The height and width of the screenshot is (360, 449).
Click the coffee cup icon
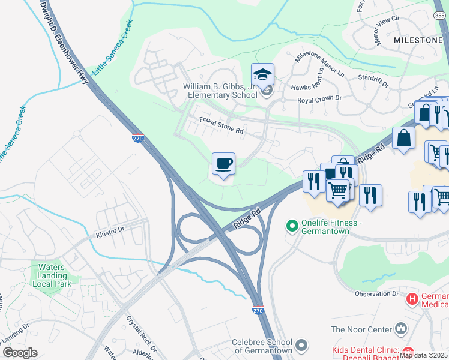click(223, 164)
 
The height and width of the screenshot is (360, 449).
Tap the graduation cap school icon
click(262, 75)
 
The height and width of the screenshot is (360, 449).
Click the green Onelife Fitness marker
click(292, 226)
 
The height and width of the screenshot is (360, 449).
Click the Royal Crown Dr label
click(320, 98)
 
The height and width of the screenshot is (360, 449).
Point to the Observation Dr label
click(376, 294)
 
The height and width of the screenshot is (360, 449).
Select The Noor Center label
click(360, 329)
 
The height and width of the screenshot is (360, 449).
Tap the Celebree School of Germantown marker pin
click(302, 346)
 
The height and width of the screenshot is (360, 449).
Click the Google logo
click(20, 352)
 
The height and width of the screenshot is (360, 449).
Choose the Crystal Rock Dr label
click(140, 334)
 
